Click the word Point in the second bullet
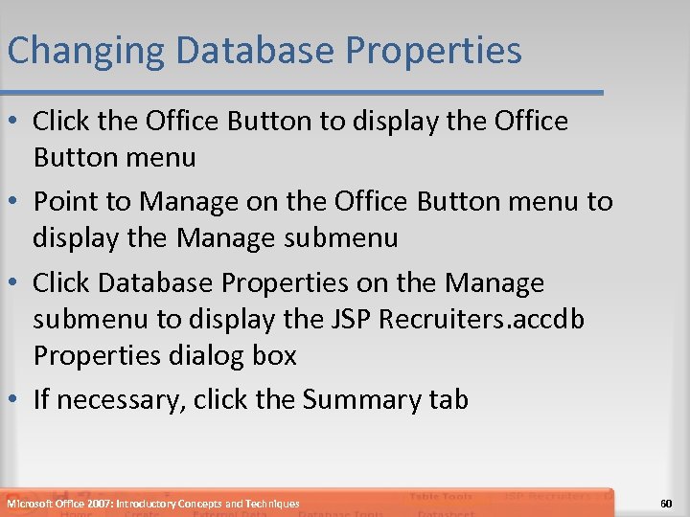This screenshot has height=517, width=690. pos(64,201)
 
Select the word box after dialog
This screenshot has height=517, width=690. pos(277,355)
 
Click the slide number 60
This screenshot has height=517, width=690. pos(667,503)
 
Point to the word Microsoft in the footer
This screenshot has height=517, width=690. pos(30,504)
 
